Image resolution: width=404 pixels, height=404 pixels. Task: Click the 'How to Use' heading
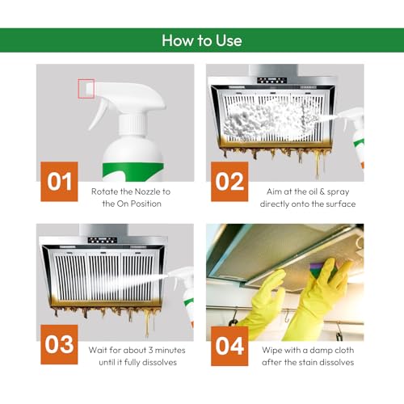pos(201,40)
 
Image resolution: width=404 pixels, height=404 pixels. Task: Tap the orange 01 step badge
pos(59,181)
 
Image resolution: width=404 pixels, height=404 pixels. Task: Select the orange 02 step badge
pos(229,181)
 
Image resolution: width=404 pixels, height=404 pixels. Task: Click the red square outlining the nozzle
pos(86,89)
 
